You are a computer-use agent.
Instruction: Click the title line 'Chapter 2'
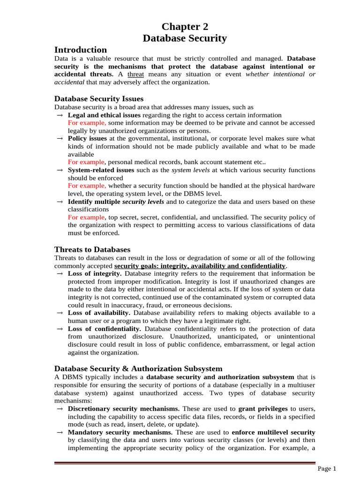pyautogui.click(x=185, y=27)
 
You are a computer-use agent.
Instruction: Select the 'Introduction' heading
pyautogui.click(x=81, y=50)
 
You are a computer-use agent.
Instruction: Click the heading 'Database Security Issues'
pyautogui.click(x=99, y=98)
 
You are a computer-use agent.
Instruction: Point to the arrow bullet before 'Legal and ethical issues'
pyautogui.click(x=60, y=115)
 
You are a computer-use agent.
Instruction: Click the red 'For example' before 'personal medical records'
pyautogui.click(x=86, y=162)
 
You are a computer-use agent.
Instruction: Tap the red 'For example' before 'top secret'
pyautogui.click(x=86, y=217)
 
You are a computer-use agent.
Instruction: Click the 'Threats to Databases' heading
pyautogui.click(x=92, y=249)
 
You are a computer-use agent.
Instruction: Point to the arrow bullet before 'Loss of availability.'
pyautogui.click(x=60, y=313)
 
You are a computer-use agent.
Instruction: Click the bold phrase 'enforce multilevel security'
pyautogui.click(x=273, y=432)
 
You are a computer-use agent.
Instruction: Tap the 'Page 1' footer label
pyautogui.click(x=327, y=469)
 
